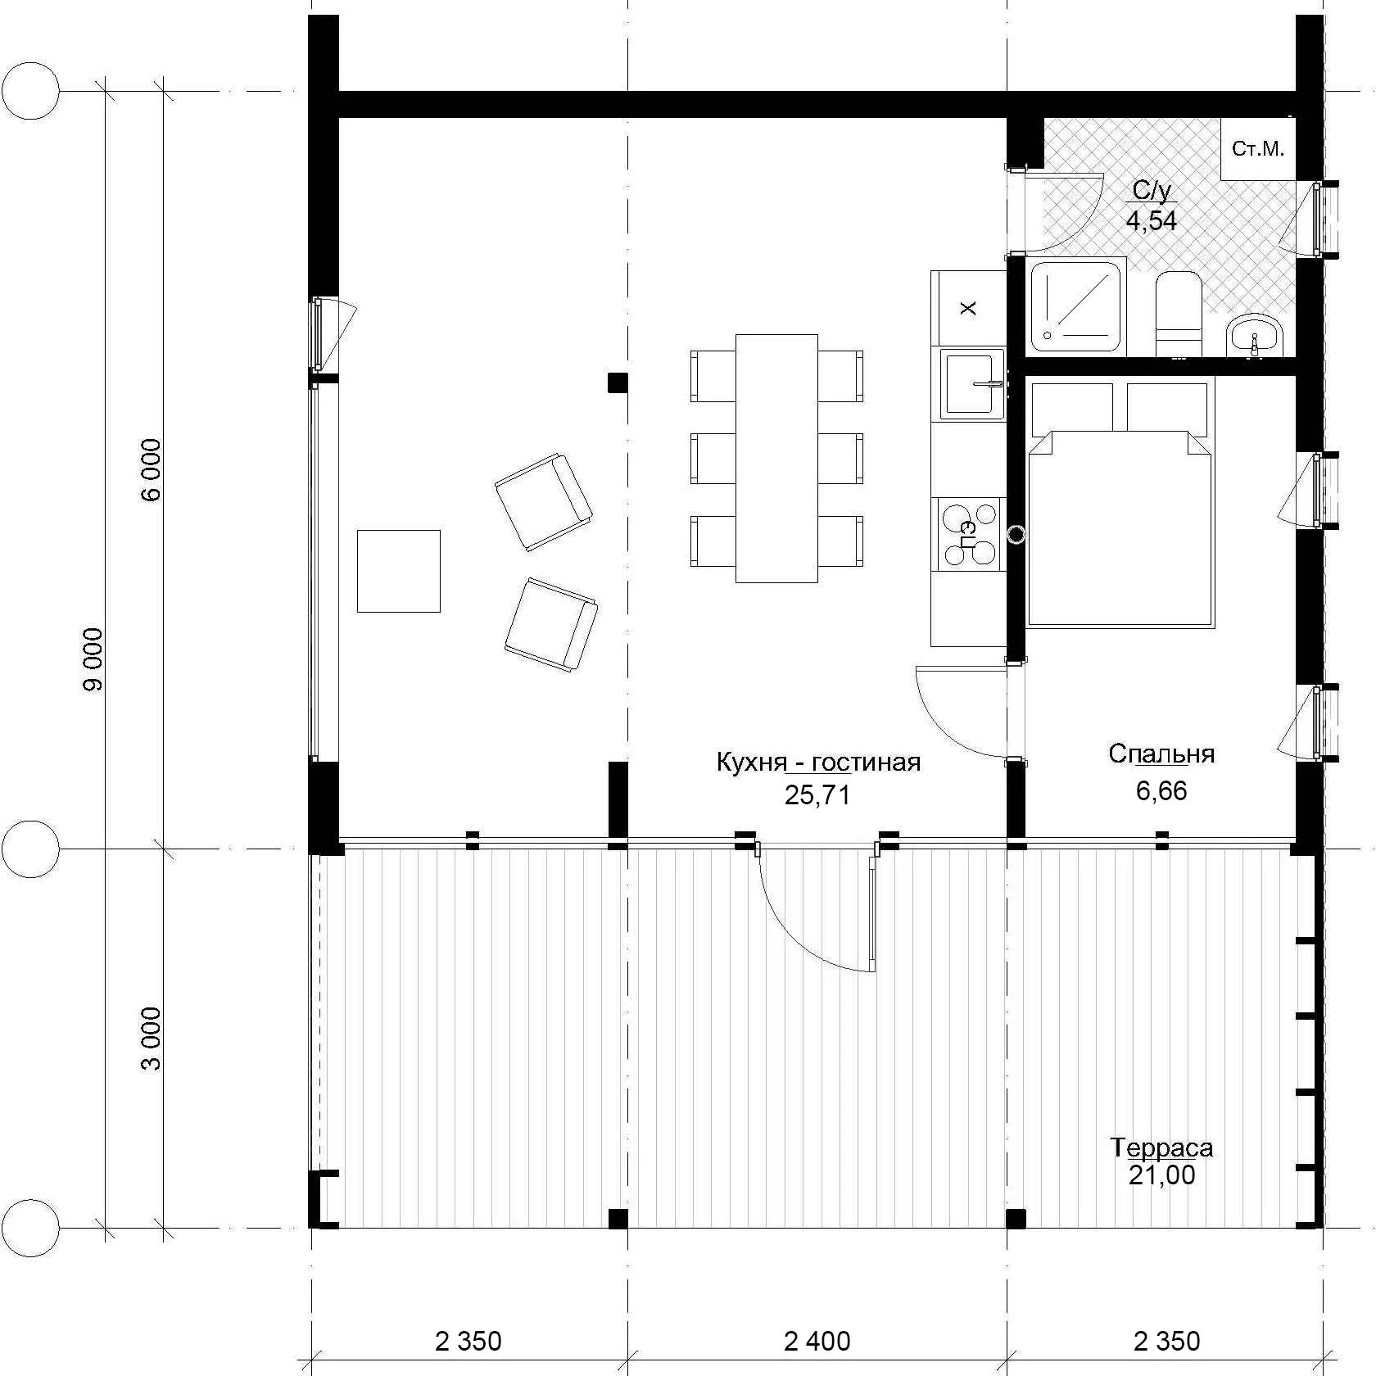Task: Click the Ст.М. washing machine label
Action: [x=1258, y=149]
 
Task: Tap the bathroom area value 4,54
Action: [x=1152, y=220]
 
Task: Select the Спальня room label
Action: [x=1161, y=754]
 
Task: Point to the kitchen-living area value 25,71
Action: [x=817, y=794]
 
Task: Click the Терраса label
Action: [x=1162, y=1147]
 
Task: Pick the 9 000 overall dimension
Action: [x=93, y=659]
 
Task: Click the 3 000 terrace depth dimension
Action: [x=152, y=1039]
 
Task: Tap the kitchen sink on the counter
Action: [x=972, y=383]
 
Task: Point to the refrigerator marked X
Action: [x=968, y=308]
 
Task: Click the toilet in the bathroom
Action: [x=1178, y=315]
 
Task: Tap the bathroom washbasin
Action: [x=1256, y=336]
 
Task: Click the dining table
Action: [x=776, y=458]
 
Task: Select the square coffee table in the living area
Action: [x=399, y=571]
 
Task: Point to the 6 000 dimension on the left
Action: [x=152, y=469]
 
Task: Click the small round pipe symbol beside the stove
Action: [x=1016, y=535]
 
